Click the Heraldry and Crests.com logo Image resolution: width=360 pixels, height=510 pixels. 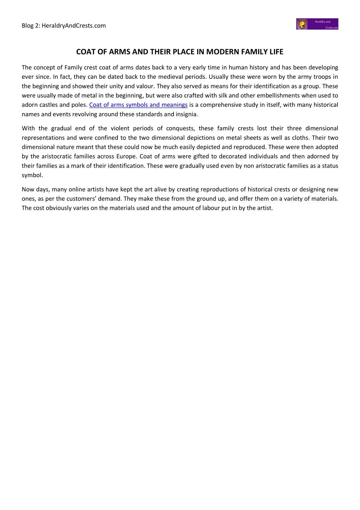317,24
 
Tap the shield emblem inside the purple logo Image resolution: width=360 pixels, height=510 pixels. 302,24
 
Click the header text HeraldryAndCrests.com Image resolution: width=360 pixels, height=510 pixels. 74,25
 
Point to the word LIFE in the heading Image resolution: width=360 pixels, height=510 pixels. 276,52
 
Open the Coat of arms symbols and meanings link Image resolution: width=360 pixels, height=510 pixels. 138,105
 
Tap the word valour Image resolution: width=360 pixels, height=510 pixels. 145,86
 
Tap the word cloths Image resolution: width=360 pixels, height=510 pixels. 300,138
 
